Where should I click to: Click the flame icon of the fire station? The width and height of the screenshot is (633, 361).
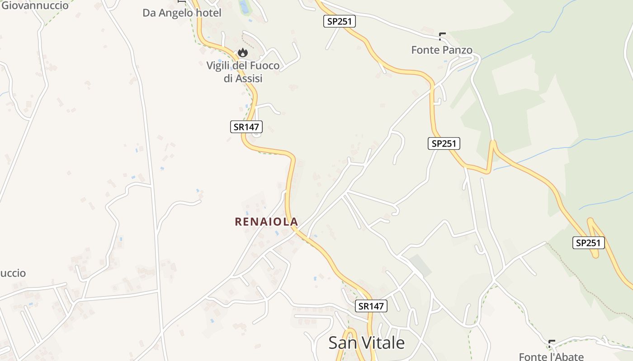pos(243,53)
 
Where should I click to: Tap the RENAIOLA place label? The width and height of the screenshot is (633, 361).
pos(266,222)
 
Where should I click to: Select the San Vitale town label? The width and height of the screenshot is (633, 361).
pos(366,343)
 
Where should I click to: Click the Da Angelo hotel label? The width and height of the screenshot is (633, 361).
pos(182,13)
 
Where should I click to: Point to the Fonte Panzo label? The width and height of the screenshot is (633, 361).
pos(442,50)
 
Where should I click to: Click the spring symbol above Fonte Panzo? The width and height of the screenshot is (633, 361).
pos(442,36)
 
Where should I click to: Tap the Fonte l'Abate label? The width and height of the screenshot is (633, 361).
pos(551,356)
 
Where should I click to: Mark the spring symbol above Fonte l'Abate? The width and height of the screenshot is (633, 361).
pos(551,343)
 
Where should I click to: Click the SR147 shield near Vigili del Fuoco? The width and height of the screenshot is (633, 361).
pos(246,127)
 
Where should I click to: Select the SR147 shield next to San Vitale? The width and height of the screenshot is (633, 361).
pos(371,306)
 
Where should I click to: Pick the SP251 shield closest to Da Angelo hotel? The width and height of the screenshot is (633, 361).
pos(340,21)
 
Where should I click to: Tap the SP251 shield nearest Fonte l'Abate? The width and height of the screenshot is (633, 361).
pos(588,243)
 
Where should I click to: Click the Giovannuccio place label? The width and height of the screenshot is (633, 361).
pos(35,5)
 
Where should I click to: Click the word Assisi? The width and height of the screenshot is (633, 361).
pos(249,78)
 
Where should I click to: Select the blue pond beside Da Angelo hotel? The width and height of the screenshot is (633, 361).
pos(244,7)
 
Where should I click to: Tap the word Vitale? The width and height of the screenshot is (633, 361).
pos(386,343)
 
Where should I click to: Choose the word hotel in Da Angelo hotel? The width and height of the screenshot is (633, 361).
pos(208,13)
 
